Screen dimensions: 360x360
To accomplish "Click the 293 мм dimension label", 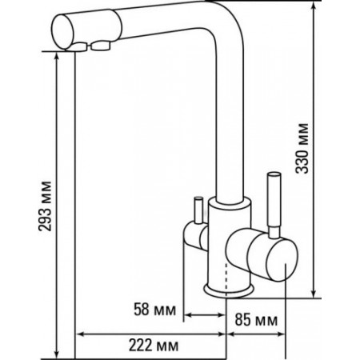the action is pyautogui.click(x=45, y=206).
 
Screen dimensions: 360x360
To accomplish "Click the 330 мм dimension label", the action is pyautogui.click(x=302, y=148).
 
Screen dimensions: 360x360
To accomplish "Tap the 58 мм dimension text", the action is pyautogui.click(x=154, y=310).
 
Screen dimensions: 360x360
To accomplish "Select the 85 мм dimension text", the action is pyautogui.click(x=256, y=320).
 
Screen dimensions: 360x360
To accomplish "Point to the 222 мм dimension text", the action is pyautogui.click(x=154, y=346).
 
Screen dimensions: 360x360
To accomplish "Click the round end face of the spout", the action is pyautogui.click(x=63, y=32).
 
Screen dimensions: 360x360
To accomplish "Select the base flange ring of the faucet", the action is pyautogui.click(x=229, y=290).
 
